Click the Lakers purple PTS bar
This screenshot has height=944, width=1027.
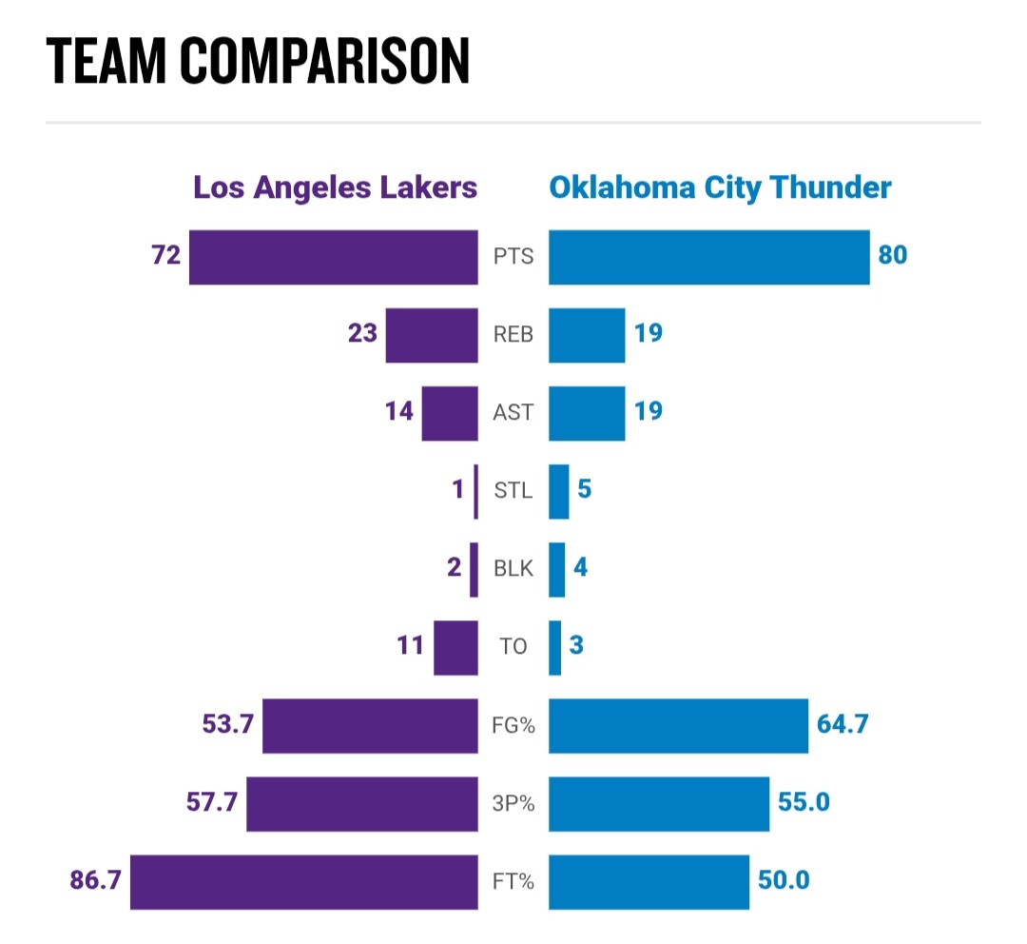[x=333, y=257]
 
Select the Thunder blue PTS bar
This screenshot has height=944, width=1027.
[x=708, y=257]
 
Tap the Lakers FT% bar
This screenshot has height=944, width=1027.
[x=303, y=882]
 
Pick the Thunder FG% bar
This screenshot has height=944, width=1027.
[x=678, y=725]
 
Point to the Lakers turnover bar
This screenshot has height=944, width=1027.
[x=455, y=647]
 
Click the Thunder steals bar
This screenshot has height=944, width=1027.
[x=559, y=491]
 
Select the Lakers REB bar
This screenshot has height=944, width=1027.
[x=432, y=335]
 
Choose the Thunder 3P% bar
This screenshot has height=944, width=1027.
[x=659, y=803]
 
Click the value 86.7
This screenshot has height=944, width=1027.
[x=95, y=881]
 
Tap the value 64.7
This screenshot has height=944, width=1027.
[x=843, y=725]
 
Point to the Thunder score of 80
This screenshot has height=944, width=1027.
[x=893, y=256]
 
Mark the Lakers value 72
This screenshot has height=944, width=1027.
[x=165, y=256]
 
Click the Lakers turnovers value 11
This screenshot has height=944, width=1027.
[x=410, y=647]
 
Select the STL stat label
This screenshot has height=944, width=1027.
[x=513, y=492]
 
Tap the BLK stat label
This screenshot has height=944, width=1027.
[x=513, y=570]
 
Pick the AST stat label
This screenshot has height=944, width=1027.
[x=513, y=414]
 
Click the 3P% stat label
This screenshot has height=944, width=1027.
[x=513, y=804]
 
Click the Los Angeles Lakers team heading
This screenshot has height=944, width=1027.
[x=335, y=187]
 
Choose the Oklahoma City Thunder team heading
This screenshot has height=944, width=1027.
[x=720, y=187]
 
